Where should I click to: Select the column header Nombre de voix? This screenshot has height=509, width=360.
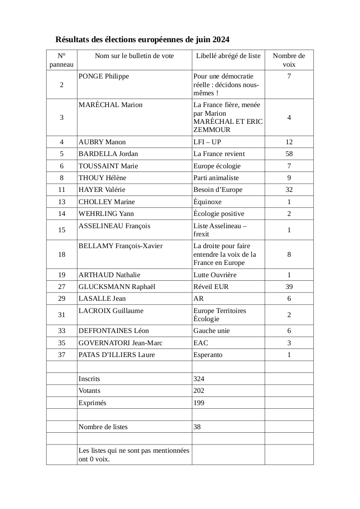coord(289,60)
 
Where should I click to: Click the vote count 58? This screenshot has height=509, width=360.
coord(289,154)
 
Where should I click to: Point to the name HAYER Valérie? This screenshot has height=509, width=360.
coord(102,190)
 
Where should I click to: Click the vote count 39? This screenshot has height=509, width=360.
coord(289,287)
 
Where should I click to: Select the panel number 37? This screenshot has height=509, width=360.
coord(62,355)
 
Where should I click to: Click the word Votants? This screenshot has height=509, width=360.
coord(89,391)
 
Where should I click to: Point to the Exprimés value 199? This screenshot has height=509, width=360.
coord(199,403)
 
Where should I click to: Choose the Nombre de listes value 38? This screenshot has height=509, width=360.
coord(197,427)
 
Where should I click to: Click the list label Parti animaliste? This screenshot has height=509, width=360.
coord(216,178)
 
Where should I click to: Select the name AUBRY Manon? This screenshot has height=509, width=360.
coord(102,142)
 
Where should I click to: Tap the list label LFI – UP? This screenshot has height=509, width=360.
coord(207,142)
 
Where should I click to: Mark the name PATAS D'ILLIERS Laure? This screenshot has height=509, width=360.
coord(117,355)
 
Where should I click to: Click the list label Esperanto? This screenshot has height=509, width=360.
coord(208,355)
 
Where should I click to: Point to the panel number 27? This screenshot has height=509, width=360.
coord(62,287)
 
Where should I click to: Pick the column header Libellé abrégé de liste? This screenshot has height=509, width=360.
coord(228,56)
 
